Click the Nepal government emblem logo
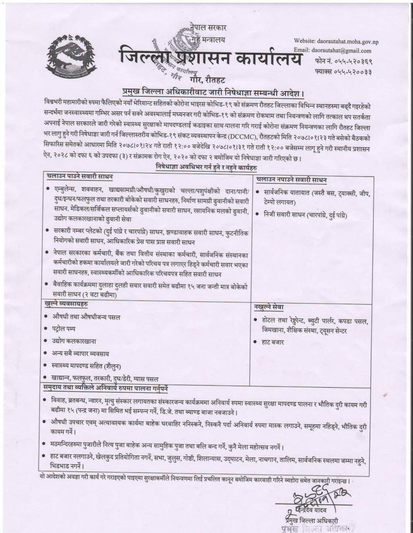click(x=71, y=56)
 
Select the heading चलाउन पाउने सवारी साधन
click(x=80, y=177)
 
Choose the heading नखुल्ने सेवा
click(x=270, y=308)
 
